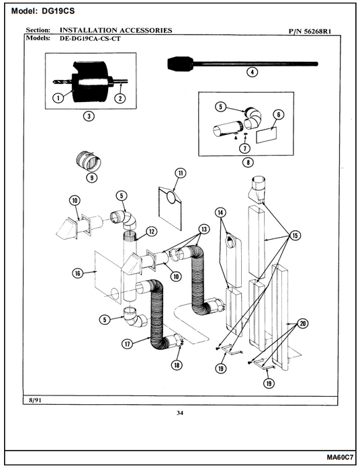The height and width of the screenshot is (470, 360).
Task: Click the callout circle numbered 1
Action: coord(58,98)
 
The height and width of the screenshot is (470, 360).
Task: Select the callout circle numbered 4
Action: coord(252,72)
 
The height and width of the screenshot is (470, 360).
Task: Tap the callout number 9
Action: coord(92,177)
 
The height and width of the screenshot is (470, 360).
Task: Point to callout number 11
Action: coord(181,173)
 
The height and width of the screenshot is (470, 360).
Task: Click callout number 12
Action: coord(151,232)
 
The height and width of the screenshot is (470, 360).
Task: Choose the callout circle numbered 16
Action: coord(78,273)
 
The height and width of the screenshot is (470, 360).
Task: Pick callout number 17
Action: coord(128,344)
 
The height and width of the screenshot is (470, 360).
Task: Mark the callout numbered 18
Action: coord(176,365)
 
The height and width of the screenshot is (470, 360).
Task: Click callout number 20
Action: coord(303,324)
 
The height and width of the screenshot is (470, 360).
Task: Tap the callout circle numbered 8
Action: coord(248,162)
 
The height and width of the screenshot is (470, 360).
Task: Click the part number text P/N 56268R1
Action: coord(310,31)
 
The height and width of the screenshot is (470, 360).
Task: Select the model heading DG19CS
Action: coord(56,11)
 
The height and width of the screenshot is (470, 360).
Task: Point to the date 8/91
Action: coord(35,400)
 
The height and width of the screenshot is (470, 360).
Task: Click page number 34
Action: coord(180,413)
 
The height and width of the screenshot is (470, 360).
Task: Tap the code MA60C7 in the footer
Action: coord(340,457)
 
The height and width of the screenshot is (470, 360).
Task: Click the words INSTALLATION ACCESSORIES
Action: coord(116,30)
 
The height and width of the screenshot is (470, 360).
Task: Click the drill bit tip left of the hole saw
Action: coord(54,81)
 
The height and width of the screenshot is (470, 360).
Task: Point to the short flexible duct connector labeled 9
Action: coord(88,161)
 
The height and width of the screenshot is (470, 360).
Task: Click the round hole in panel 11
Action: coord(171,197)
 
